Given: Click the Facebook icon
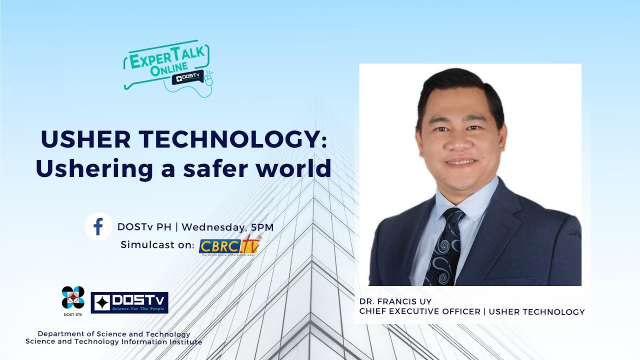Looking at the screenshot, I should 98,226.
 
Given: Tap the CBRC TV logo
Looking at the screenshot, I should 230,245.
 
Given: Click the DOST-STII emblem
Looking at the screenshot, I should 73,297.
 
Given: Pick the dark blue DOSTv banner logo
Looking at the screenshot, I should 129,302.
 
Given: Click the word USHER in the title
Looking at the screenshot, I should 79,139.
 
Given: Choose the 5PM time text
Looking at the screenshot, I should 262,226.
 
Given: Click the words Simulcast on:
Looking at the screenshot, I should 157,245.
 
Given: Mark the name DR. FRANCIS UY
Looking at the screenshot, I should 395,301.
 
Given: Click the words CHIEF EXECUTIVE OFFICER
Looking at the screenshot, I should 419,311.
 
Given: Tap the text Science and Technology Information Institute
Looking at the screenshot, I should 114,342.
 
